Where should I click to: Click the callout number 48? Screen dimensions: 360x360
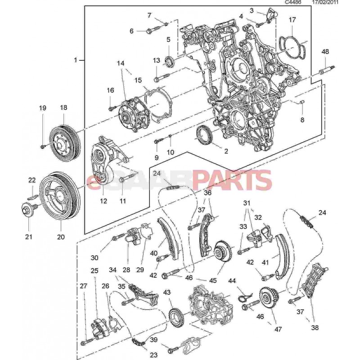tap(325, 52)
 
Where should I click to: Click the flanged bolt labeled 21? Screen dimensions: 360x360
tap(27, 210)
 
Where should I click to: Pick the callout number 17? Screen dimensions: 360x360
tap(292, 20)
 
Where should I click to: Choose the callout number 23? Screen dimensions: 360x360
tap(154, 355)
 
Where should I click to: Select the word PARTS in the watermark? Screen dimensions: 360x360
tap(232, 181)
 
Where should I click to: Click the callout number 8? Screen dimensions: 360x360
tap(302, 120)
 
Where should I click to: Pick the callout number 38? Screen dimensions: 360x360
tap(314, 328)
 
